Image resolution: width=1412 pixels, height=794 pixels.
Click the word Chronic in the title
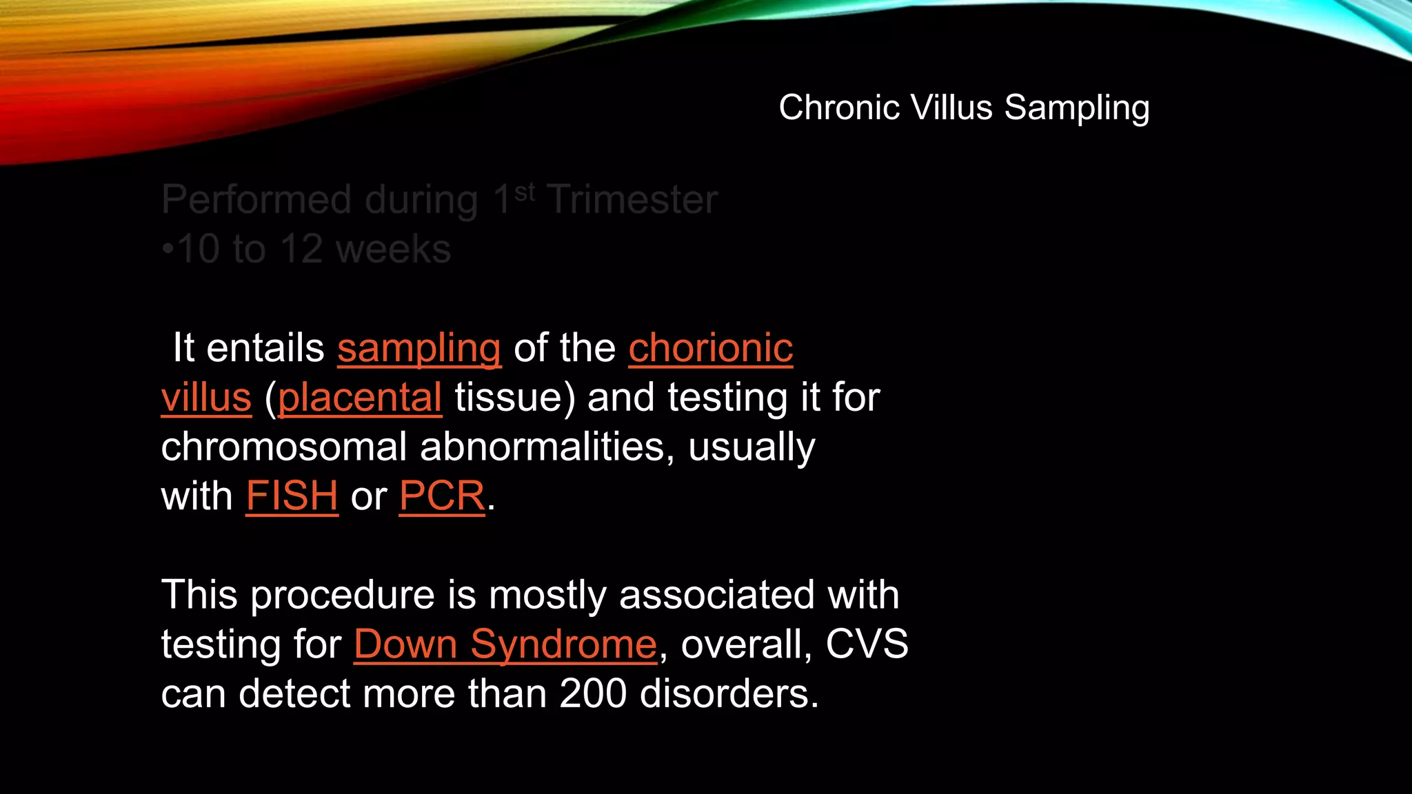[839, 108]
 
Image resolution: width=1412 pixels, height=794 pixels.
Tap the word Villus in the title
[951, 108]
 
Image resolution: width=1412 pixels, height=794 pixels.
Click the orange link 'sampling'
[419, 349]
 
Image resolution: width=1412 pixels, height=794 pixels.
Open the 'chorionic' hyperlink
[711, 347]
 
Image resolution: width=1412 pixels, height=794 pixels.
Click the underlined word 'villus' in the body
[206, 398]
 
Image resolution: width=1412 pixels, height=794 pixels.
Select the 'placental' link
[360, 398]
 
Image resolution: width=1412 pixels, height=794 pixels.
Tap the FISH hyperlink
[292, 496]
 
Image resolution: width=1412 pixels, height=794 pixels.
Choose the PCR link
[443, 496]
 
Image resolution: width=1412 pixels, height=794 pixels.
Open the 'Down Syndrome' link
[505, 644]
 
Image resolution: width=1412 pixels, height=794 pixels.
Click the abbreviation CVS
[867, 644]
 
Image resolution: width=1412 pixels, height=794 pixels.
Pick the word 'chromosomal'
[284, 447]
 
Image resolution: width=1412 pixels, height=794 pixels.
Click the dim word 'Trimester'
[632, 200]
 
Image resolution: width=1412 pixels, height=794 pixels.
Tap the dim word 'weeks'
[394, 250]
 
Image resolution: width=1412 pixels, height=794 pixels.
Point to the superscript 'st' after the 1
[525, 192]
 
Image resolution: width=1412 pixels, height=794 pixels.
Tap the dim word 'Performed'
[256, 200]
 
